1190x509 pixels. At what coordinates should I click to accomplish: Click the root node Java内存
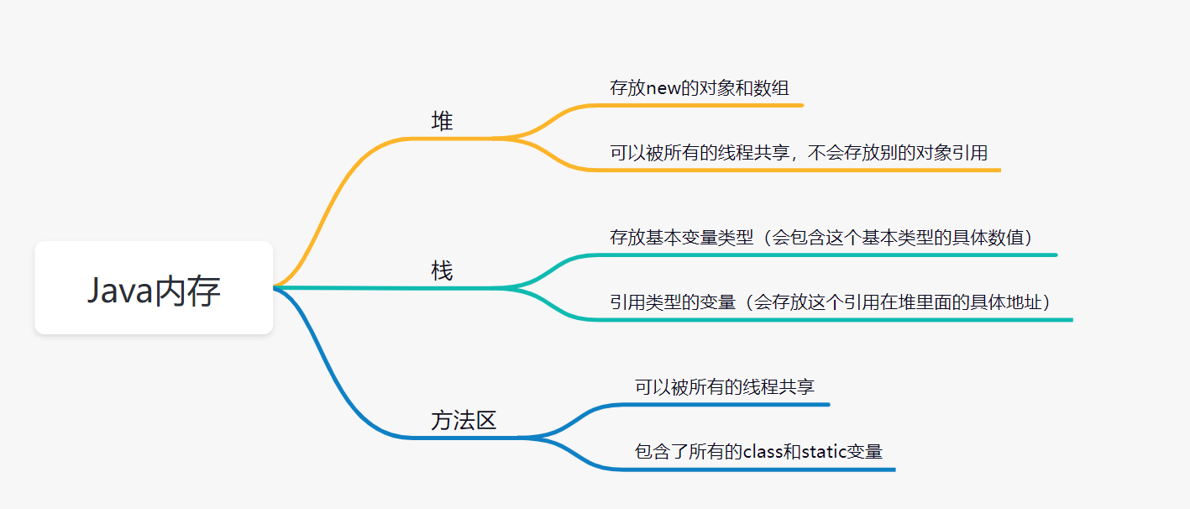pos(154,290)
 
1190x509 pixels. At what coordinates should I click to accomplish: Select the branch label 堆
pos(442,122)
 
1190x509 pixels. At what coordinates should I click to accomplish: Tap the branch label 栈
pos(442,271)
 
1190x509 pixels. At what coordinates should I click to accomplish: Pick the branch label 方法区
pos(464,420)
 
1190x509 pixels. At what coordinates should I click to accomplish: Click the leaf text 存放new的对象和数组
pos(699,87)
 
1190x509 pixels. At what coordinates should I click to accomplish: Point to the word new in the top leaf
pos(663,88)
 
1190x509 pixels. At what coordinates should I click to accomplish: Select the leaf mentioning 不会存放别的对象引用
pos(798,153)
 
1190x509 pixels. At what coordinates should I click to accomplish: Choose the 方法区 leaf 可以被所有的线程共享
pos(724,387)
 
